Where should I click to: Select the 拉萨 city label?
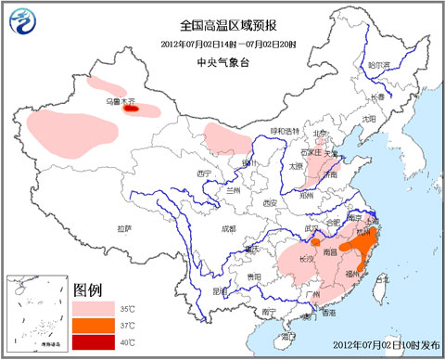click(125, 228)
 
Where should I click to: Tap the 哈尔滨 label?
click(378, 66)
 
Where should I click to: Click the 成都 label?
click(228, 227)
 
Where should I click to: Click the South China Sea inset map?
click(35, 314)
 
